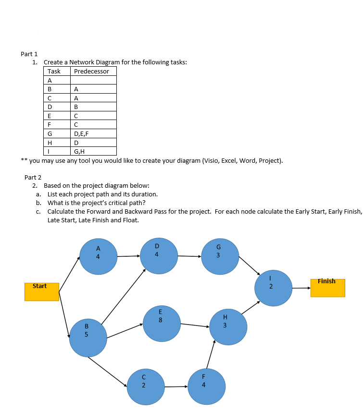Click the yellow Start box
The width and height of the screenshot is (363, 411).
point(42,291)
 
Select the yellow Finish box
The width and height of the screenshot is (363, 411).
point(327,287)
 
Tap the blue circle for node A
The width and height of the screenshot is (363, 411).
point(99,256)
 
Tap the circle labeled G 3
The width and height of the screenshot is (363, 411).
point(220,256)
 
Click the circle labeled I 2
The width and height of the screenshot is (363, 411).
point(273,288)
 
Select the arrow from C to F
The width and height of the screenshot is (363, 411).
point(175,387)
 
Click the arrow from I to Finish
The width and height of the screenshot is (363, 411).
point(301,288)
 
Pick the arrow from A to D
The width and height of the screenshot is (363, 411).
point(128,256)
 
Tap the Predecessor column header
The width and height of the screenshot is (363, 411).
point(91,71)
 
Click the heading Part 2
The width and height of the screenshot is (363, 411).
point(33,177)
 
